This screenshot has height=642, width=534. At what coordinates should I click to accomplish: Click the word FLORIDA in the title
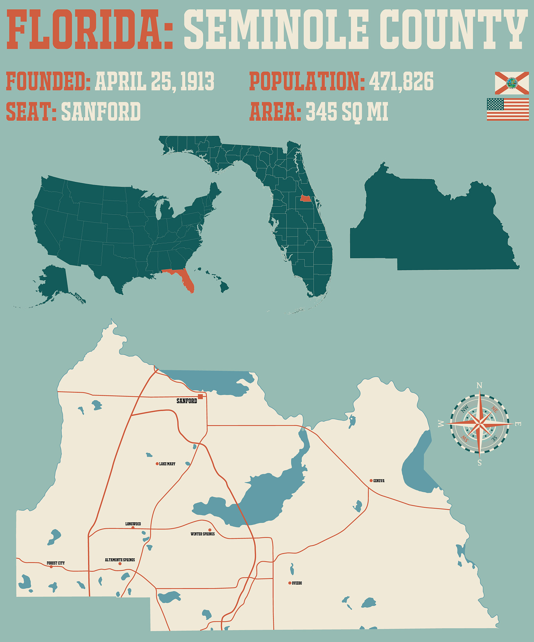[x=89, y=30]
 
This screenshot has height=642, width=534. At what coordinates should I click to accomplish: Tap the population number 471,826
[x=401, y=81]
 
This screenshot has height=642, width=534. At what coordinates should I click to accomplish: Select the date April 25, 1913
[x=154, y=81]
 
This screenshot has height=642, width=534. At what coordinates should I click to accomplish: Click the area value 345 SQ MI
[x=347, y=112]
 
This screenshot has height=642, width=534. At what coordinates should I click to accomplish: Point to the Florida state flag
[x=512, y=83]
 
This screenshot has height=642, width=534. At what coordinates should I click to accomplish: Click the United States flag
[x=508, y=109]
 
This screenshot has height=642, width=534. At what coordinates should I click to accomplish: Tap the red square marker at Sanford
[x=201, y=397]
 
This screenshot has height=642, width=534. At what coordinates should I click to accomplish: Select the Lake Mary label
[x=167, y=464]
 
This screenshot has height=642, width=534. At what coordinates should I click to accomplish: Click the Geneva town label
[x=379, y=481]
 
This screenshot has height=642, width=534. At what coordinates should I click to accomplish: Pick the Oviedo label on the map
[x=297, y=583]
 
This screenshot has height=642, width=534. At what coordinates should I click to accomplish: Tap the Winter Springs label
[x=203, y=534]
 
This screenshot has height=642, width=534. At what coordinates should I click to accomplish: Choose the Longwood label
[x=133, y=524]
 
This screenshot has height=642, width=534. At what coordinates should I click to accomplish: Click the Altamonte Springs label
[x=120, y=560]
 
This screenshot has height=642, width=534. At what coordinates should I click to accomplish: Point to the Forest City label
[x=56, y=563]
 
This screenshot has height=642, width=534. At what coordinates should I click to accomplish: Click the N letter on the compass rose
[x=479, y=386]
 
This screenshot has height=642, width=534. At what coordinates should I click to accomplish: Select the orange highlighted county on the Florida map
[x=305, y=198]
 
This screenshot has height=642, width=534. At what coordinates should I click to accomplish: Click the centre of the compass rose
[x=479, y=424]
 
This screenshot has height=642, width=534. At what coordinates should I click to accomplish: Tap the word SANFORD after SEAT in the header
[x=101, y=112]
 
